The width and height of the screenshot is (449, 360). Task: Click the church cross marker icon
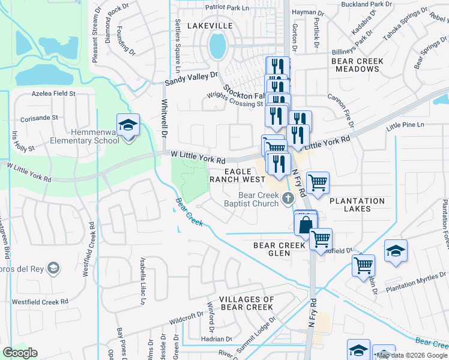288,198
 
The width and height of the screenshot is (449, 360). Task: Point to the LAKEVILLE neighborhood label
209,26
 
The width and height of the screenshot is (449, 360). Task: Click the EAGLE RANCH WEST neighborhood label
237,175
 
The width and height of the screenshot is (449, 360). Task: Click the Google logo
20,352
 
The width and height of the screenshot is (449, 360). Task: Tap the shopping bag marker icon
305,226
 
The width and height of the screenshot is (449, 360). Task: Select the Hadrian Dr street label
212,339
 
